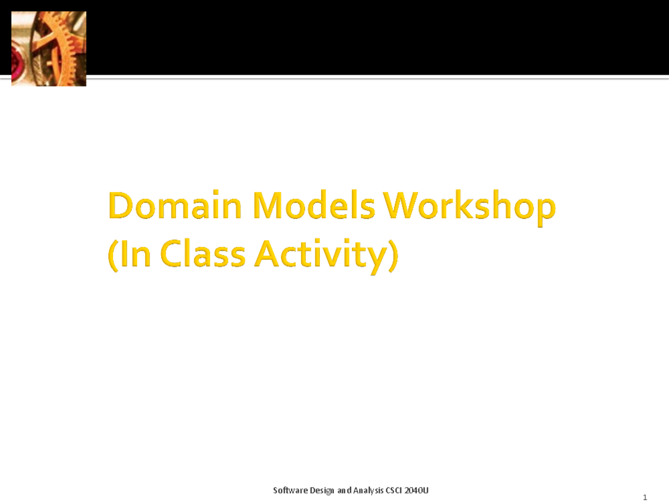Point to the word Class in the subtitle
(x=203, y=255)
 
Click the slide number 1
(x=644, y=497)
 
